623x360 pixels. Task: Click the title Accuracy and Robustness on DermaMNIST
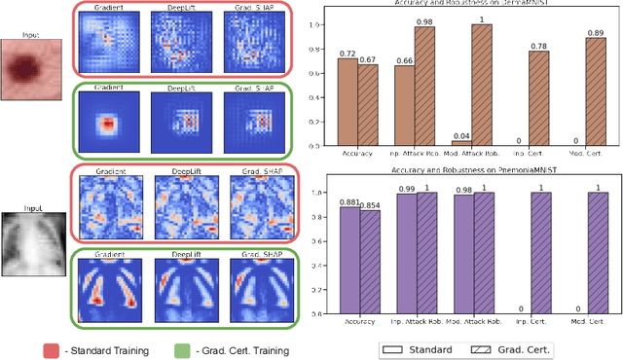point(467,9)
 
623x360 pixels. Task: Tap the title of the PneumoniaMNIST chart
point(467,173)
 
